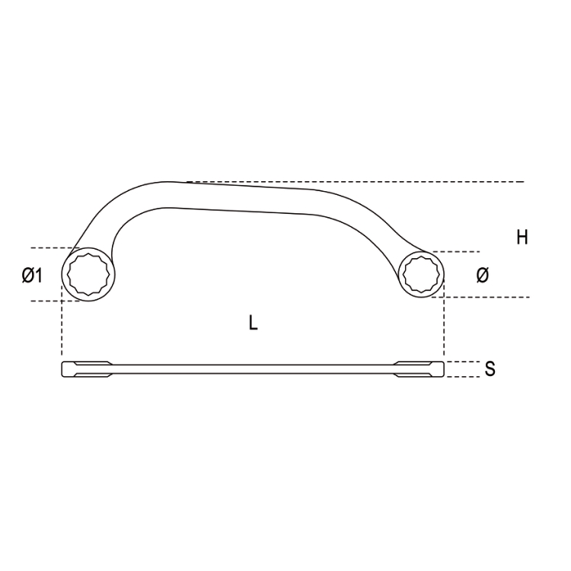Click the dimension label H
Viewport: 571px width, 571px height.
tap(522, 238)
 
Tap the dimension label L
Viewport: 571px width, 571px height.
tap(253, 323)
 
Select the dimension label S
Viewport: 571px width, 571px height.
tap(490, 369)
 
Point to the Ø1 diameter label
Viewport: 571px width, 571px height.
tap(32, 275)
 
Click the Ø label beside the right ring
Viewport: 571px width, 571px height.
tap(483, 275)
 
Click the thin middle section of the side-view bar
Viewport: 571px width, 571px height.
tap(254, 369)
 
